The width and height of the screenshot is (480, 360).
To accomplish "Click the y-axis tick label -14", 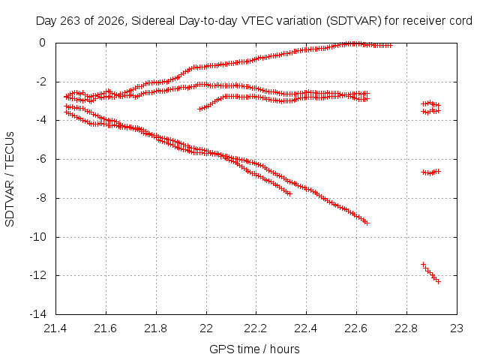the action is point(38,314).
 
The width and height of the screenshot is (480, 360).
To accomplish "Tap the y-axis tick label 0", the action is point(42,43).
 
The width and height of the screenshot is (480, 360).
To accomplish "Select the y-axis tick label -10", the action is point(38,237).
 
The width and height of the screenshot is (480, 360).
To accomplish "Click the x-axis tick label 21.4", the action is point(55,328).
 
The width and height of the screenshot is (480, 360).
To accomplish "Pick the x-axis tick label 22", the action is point(206,328).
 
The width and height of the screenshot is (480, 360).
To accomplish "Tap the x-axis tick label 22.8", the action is point(406,328).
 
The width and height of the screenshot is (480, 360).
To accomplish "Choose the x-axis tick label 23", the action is point(457,328).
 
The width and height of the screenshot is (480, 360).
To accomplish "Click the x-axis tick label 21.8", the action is point(156,328).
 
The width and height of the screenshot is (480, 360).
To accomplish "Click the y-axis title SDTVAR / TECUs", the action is point(10,179).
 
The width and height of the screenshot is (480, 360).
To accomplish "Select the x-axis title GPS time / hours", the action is point(254,349).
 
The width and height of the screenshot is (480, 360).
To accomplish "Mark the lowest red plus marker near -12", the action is point(438,281).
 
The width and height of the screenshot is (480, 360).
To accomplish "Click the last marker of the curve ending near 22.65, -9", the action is point(367,223).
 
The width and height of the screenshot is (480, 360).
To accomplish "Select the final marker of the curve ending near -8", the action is point(289,193).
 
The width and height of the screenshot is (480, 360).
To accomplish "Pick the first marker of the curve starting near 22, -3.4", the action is point(199,109).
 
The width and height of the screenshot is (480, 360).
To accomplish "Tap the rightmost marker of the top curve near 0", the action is point(390,46).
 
